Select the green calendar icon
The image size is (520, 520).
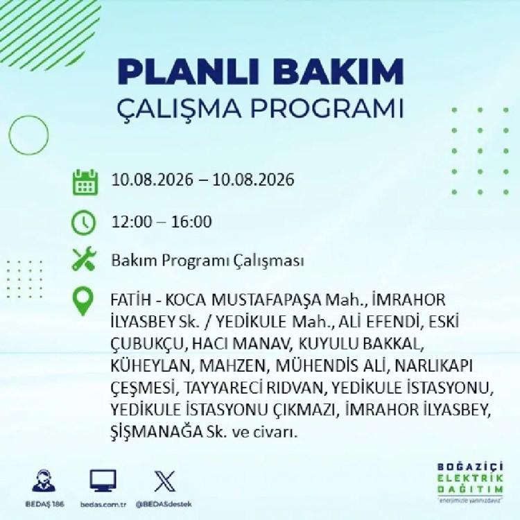(85, 182)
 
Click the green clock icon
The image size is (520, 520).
(84, 223)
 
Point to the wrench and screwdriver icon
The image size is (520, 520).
(84, 259)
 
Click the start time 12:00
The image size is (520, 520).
(131, 222)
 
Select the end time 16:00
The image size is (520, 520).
(191, 222)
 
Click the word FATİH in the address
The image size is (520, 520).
(130, 300)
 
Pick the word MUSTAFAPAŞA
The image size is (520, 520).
(266, 300)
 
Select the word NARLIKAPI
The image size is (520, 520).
(434, 366)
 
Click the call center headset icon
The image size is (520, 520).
(44, 480)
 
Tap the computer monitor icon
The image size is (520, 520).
(103, 480)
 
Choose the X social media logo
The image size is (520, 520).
(165, 481)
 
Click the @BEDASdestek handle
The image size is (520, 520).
(164, 504)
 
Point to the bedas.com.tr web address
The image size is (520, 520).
(103, 505)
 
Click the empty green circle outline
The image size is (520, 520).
(9, 135)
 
